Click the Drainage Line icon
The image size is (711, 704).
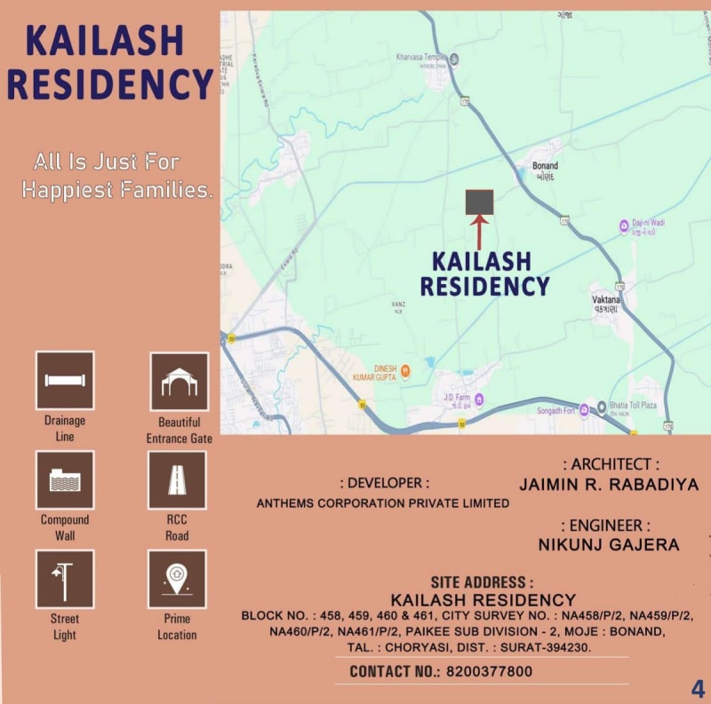65,380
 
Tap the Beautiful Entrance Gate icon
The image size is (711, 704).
179,382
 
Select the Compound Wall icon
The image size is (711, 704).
65,479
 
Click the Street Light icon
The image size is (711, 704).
65,579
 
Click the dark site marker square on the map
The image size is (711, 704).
480,202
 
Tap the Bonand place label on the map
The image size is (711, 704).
545,166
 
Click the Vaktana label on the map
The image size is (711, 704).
606,301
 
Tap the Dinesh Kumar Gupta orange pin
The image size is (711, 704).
405,370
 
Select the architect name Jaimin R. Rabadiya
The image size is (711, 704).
609,485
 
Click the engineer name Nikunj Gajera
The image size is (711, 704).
609,543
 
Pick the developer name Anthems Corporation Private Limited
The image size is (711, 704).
383,503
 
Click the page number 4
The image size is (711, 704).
699,688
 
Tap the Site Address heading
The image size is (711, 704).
482,583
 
